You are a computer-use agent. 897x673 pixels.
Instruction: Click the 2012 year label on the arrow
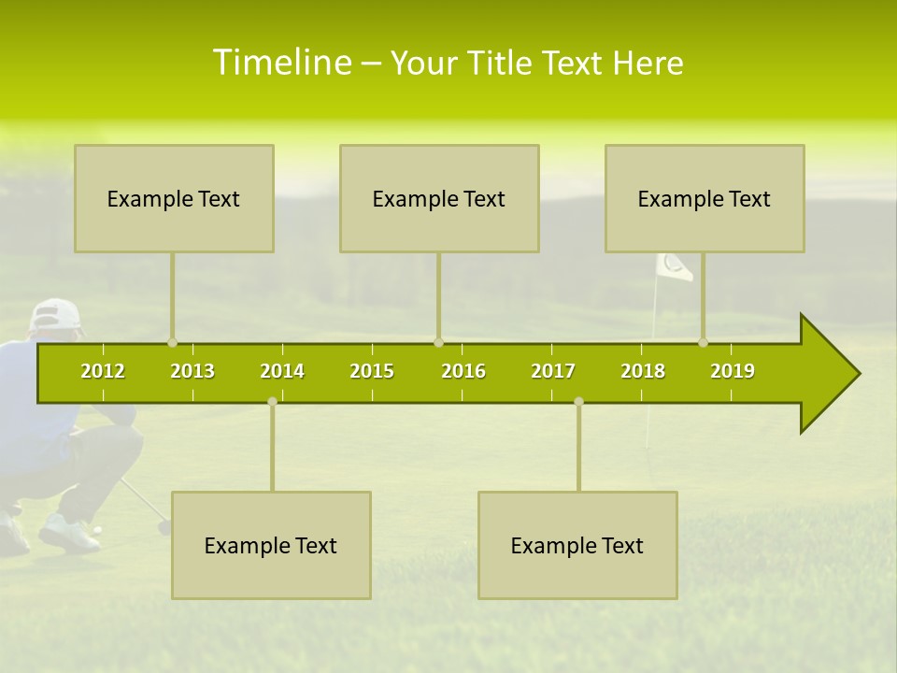tap(103, 371)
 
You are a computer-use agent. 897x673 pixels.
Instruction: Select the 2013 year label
tap(192, 371)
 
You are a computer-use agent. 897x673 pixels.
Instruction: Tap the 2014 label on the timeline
tap(282, 371)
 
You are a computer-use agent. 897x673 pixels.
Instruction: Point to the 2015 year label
tap(372, 371)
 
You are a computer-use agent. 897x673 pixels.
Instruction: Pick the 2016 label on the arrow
tap(463, 371)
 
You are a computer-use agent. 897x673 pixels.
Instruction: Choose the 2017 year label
tap(553, 371)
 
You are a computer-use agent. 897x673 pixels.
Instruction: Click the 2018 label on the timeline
tap(643, 371)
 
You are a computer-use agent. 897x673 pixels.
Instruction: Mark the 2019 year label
tap(733, 371)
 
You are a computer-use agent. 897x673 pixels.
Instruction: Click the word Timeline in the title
tap(281, 63)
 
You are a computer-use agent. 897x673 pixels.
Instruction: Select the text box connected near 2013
tap(174, 198)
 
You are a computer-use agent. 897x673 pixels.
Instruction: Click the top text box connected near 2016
tap(439, 198)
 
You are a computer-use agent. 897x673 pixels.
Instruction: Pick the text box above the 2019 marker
tap(705, 198)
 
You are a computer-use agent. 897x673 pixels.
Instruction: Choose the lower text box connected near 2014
tap(271, 545)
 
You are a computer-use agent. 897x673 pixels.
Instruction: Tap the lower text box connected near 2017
tap(577, 545)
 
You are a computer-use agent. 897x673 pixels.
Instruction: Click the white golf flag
tap(674, 267)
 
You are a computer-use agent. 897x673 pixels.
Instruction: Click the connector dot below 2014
tap(272, 401)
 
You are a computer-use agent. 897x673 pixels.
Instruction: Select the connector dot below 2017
tap(578, 401)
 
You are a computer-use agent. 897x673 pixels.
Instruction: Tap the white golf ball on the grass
tap(97, 530)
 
